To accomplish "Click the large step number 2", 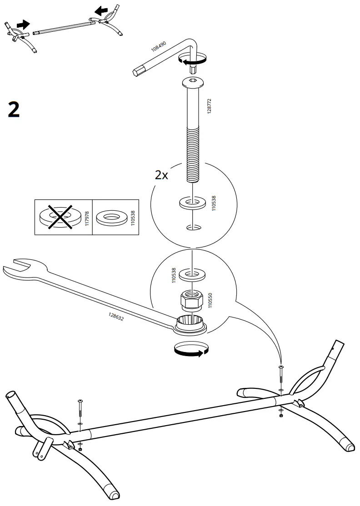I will tap(14, 110).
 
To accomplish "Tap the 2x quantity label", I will tap(161, 175).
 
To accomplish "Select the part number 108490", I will tap(159, 47).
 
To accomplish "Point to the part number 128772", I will tap(210, 107).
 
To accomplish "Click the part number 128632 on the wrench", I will tap(116, 316).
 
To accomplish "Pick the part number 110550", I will tap(210, 301).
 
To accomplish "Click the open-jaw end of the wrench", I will tap(20, 267).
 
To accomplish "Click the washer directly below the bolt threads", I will tap(193, 202).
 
